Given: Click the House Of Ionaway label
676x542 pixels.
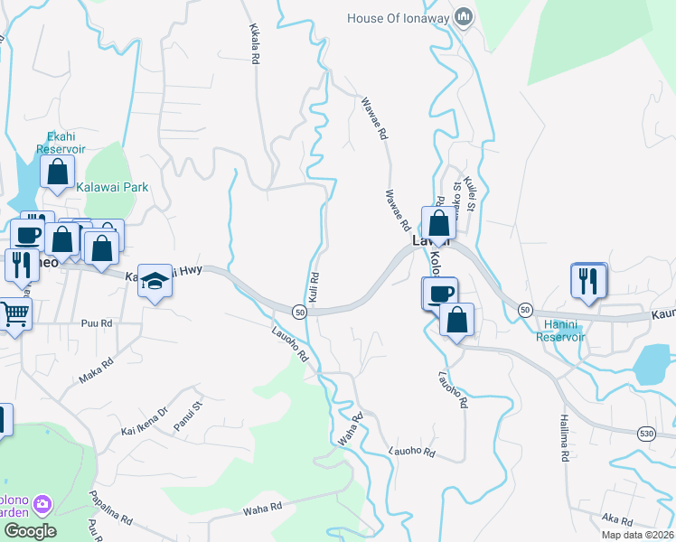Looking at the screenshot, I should (x=399, y=17).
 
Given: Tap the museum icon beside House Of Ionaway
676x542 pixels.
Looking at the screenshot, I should (x=465, y=16).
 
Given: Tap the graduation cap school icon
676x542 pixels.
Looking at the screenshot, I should (x=156, y=281).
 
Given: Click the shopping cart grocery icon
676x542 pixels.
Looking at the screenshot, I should (x=15, y=314).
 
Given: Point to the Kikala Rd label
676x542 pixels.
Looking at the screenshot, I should (x=254, y=42).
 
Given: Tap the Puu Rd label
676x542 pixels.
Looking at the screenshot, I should (x=96, y=322).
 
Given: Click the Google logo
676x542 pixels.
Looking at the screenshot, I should (x=30, y=531).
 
